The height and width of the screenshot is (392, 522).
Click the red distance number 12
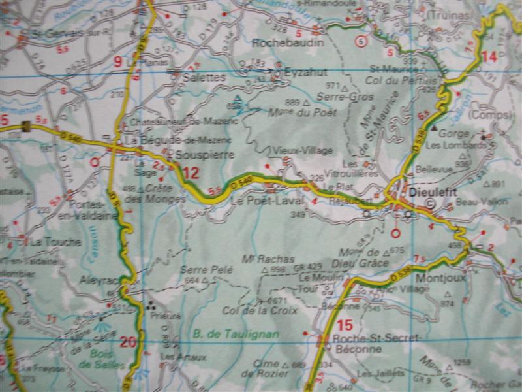coord(191,174)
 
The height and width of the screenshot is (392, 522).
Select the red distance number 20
coord(129,340)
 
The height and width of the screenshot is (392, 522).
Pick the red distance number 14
coord(489,57)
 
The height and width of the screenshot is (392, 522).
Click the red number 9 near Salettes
coord(118,62)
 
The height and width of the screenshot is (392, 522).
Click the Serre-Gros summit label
coord(336,96)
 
